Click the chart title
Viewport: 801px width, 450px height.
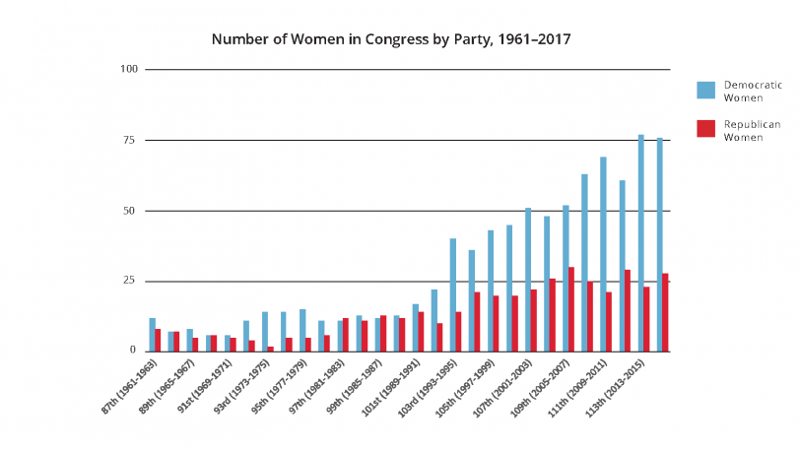pyautogui.click(x=391, y=40)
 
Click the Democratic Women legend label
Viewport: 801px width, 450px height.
pyautogui.click(x=752, y=91)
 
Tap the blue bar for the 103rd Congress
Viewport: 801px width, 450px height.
pyautogui.click(x=453, y=294)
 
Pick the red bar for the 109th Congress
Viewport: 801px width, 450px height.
pyautogui.click(x=571, y=309)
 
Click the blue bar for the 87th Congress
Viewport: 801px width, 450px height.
pyautogui.click(x=152, y=335)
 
